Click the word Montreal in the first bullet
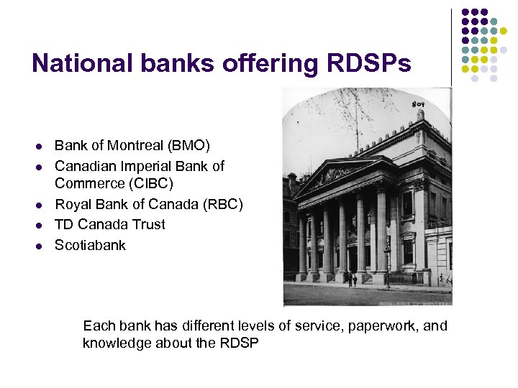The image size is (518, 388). tap(134, 146)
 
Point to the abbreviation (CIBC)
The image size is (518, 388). tap(148, 183)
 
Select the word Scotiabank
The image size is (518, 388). tap(90, 245)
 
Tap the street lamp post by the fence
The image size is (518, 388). tap(388, 262)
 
